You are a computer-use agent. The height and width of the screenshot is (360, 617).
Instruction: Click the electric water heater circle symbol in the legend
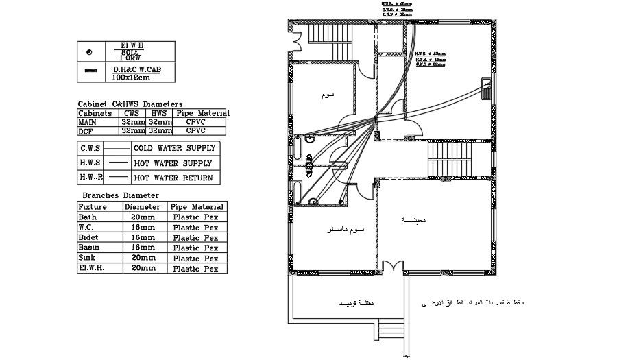pyautogui.click(x=90, y=51)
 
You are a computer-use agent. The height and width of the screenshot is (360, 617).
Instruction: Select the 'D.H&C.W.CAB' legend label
pyautogui.click(x=137, y=69)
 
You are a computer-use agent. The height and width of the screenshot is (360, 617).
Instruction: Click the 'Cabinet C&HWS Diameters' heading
pyautogui.click(x=130, y=104)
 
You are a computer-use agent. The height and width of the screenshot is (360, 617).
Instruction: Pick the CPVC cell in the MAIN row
pyautogui.click(x=196, y=121)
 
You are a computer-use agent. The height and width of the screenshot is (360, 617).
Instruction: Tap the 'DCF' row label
pyautogui.click(x=86, y=130)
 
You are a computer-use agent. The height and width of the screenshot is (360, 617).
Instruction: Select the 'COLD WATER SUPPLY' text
pyautogui.click(x=174, y=148)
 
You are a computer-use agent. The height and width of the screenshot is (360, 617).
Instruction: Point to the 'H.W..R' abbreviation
pyautogui.click(x=90, y=178)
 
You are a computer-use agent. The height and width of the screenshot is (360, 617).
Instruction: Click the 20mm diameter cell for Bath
pyautogui.click(x=143, y=217)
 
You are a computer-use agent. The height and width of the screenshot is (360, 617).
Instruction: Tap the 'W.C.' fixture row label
pyautogui.click(x=86, y=227)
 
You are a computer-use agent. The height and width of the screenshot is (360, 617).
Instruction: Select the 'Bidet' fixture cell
pyautogui.click(x=88, y=237)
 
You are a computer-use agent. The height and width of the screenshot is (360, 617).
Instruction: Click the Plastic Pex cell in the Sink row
pyautogui.click(x=195, y=259)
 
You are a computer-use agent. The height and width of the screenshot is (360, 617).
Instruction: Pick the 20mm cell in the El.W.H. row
pyautogui.click(x=143, y=269)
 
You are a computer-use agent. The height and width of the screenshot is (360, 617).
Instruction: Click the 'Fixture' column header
pyautogui.click(x=93, y=206)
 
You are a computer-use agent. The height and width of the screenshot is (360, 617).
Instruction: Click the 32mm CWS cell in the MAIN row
pyautogui.click(x=133, y=121)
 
